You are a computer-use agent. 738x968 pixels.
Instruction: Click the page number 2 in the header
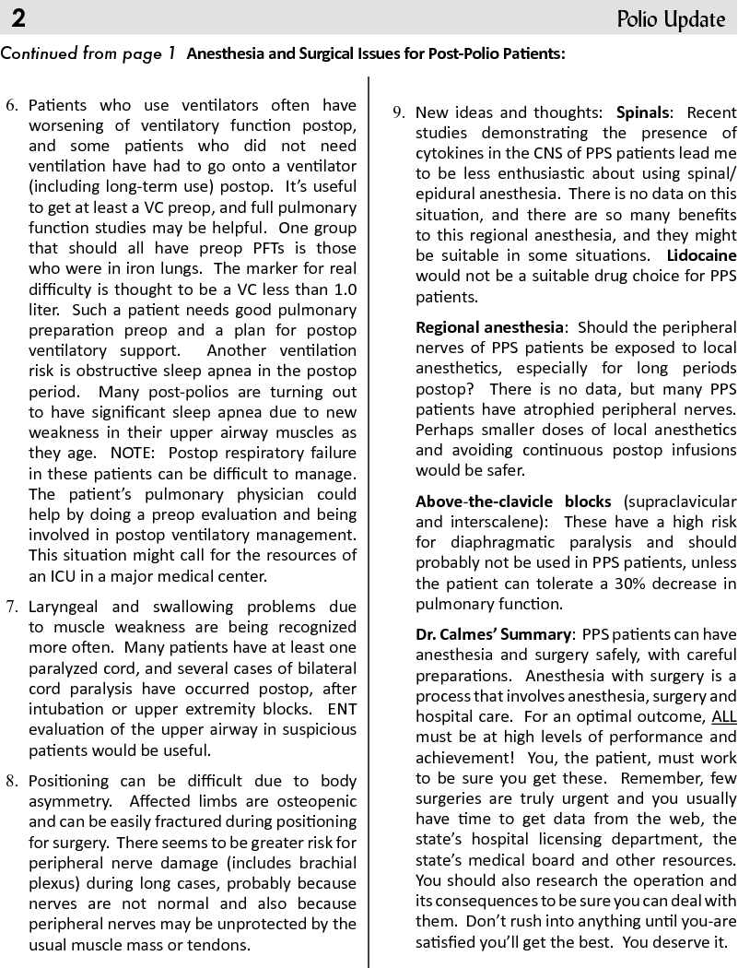18,18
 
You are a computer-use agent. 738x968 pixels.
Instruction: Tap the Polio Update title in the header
672,18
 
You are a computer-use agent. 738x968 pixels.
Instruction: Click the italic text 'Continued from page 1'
88,53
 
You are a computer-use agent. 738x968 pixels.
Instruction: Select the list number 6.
12,105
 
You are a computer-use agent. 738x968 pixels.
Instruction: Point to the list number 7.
12,607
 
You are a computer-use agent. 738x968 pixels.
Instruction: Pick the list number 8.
12,781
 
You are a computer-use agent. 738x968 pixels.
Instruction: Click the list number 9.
399,112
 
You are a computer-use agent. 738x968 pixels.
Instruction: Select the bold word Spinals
643,112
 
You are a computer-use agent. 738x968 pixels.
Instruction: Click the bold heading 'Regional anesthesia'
489,327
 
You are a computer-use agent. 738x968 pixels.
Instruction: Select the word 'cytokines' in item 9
448,153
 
